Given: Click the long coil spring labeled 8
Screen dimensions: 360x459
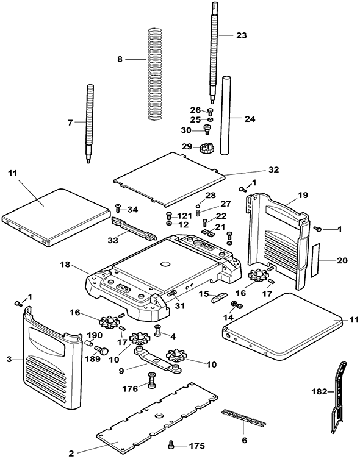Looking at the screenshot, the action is [154, 74].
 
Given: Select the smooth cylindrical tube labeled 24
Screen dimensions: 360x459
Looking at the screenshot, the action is [226, 115].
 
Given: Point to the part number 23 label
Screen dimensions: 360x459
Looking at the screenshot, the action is [242, 35].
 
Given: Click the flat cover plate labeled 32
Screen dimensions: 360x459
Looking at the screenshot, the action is [169, 179].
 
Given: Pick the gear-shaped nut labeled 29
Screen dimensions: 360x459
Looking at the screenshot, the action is [207, 148].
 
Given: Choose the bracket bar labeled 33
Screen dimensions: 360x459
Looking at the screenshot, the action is [133, 229].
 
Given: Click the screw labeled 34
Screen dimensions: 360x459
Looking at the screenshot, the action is [118, 208].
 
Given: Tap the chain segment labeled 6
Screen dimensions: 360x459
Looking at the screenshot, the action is [243, 418].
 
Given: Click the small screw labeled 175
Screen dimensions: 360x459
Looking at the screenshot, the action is [171, 444].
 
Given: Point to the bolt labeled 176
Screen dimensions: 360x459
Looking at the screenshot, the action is [151, 380].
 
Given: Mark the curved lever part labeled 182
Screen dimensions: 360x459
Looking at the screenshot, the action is [339, 397].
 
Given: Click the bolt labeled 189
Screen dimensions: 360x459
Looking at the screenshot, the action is [101, 350].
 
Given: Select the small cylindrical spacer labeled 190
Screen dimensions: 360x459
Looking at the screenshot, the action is [88, 343].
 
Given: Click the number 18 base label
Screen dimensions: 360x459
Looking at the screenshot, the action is [65, 265].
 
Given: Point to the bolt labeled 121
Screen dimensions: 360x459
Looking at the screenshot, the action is [169, 216].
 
